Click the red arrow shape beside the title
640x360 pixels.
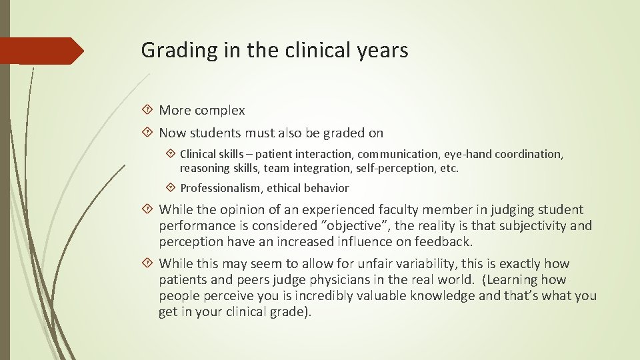point(41,51)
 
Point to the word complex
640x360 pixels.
point(221,111)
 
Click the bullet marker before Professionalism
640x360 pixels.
point(171,188)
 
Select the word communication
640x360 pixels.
point(389,154)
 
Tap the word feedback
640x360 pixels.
point(440,241)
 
